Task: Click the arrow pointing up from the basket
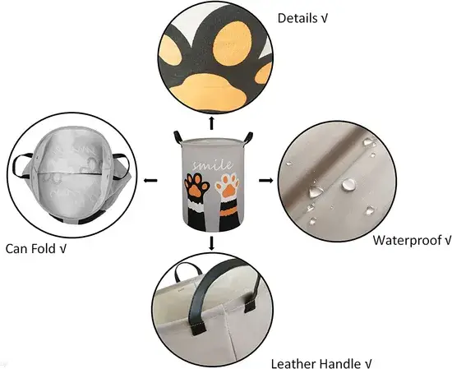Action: (x=211, y=122)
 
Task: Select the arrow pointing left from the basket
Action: (x=150, y=181)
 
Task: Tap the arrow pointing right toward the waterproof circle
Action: (x=265, y=181)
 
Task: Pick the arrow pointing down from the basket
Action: (x=211, y=243)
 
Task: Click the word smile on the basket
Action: (x=213, y=165)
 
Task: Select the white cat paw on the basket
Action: (x=228, y=185)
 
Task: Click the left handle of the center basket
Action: (x=178, y=136)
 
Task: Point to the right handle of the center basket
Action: (x=248, y=137)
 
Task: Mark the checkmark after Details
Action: (x=324, y=18)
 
